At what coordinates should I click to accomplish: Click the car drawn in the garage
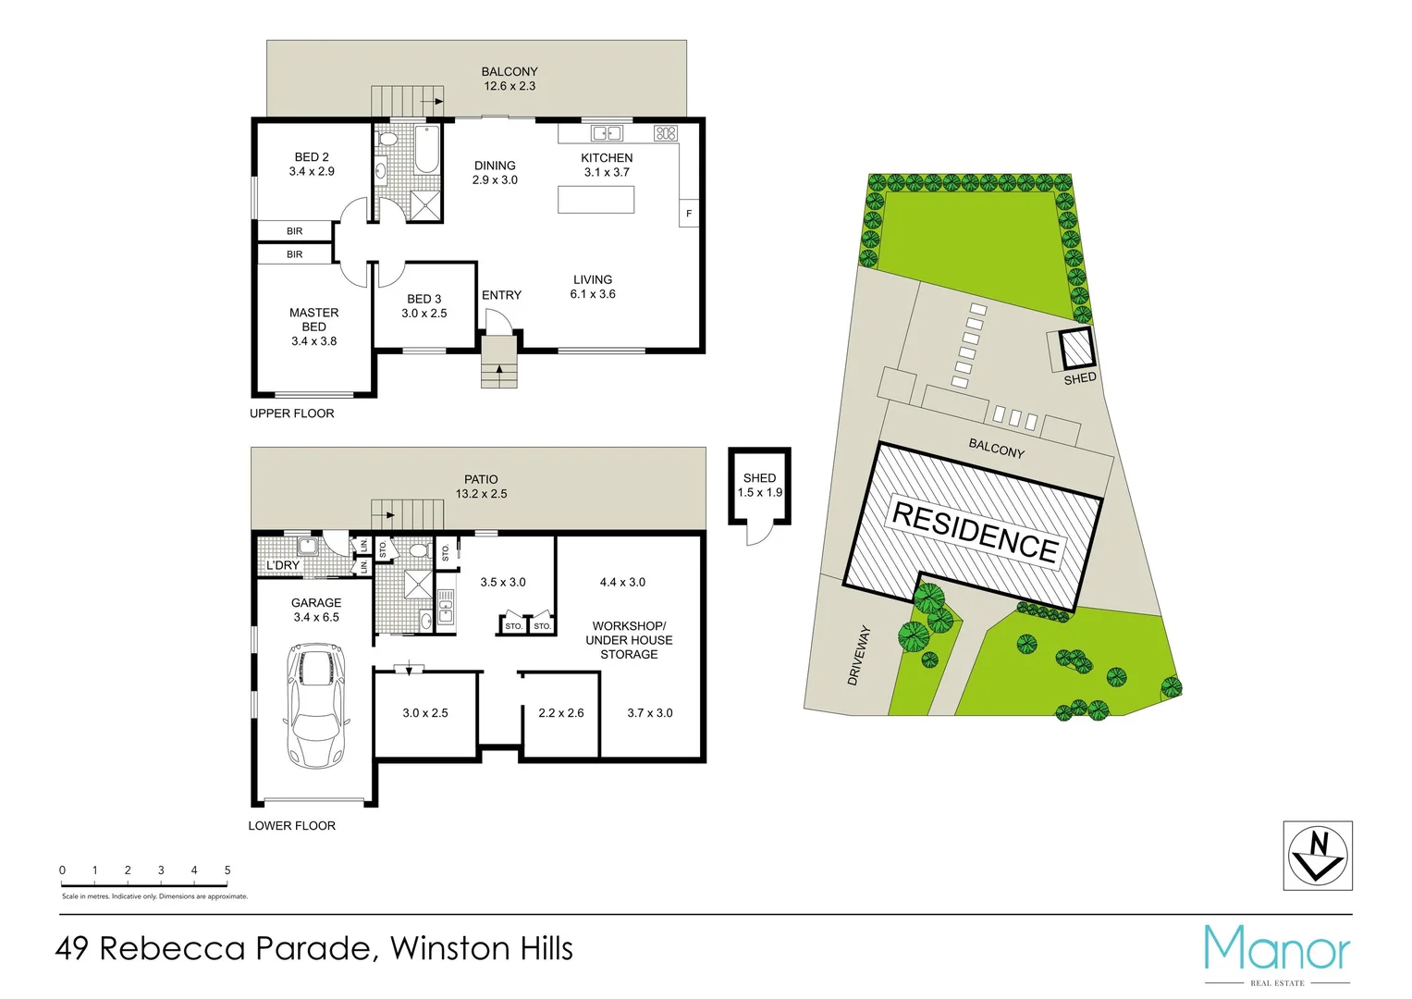(x=315, y=707)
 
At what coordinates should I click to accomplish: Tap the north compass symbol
(x=1317, y=856)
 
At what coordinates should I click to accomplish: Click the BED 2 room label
(x=312, y=157)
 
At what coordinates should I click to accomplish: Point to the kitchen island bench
(x=595, y=200)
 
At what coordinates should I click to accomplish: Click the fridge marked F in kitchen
(x=689, y=214)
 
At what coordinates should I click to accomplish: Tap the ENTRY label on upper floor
(x=501, y=295)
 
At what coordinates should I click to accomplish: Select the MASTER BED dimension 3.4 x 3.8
(x=313, y=341)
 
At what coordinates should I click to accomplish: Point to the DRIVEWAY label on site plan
(x=859, y=655)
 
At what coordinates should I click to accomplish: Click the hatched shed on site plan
(x=1075, y=350)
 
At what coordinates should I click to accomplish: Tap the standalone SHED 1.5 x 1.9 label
(x=759, y=485)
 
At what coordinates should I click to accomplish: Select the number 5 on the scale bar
(x=227, y=870)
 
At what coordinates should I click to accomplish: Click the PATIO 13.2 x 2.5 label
(x=481, y=487)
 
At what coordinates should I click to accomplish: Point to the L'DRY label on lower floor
(x=283, y=565)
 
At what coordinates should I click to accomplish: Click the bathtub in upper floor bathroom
(x=425, y=150)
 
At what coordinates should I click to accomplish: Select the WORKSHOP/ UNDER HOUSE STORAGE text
(x=629, y=640)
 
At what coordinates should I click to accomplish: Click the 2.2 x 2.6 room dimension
(x=560, y=713)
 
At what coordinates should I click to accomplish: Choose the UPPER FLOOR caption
(x=291, y=413)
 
